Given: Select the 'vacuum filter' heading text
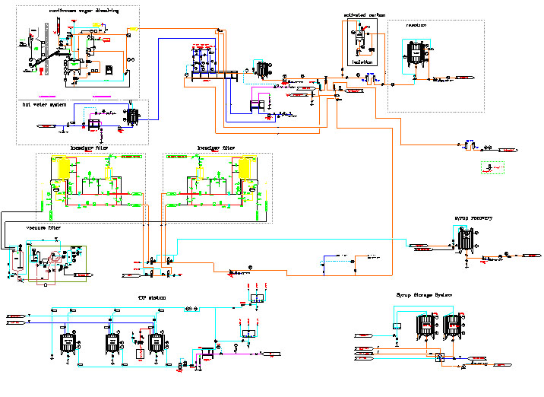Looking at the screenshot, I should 43,228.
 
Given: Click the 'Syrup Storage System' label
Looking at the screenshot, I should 424,294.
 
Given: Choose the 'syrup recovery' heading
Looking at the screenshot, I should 473,218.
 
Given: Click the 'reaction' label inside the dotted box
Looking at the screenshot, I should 416,25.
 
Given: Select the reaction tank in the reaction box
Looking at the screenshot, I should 415,55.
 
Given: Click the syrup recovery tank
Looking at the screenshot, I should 465,240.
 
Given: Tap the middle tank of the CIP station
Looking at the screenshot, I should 112,344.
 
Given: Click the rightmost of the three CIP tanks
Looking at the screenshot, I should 157,344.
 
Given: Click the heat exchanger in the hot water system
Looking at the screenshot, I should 134,116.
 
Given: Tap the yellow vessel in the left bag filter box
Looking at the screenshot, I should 60,168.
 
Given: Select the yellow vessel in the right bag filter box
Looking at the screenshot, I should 245,168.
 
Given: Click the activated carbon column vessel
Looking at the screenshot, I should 360,37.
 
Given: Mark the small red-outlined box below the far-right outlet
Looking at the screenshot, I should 492,167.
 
